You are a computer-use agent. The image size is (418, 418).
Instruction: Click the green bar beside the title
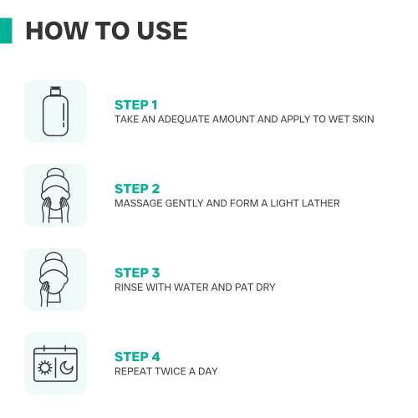[6, 31]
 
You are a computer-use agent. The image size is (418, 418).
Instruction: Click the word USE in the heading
[162, 31]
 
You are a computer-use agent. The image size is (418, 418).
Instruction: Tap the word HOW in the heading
[57, 31]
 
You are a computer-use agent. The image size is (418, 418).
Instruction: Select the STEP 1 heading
[136, 105]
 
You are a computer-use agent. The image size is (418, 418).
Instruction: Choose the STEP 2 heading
[137, 189]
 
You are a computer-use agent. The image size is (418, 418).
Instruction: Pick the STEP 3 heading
[137, 273]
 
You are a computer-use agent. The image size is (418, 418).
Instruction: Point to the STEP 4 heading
[137, 357]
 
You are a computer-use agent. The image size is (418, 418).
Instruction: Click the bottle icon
[55, 111]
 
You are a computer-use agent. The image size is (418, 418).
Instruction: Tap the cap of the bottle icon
[55, 91]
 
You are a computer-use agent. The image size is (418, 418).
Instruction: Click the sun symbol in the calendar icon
[45, 367]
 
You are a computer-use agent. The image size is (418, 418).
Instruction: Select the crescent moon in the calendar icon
[67, 367]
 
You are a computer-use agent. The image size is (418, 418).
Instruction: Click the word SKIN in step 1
[363, 120]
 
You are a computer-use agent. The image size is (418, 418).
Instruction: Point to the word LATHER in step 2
[321, 203]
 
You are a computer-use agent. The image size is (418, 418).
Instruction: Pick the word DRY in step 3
[266, 288]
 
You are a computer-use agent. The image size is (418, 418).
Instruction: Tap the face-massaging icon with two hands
[55, 196]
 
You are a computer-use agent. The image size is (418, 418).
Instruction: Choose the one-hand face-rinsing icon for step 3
[54, 279]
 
